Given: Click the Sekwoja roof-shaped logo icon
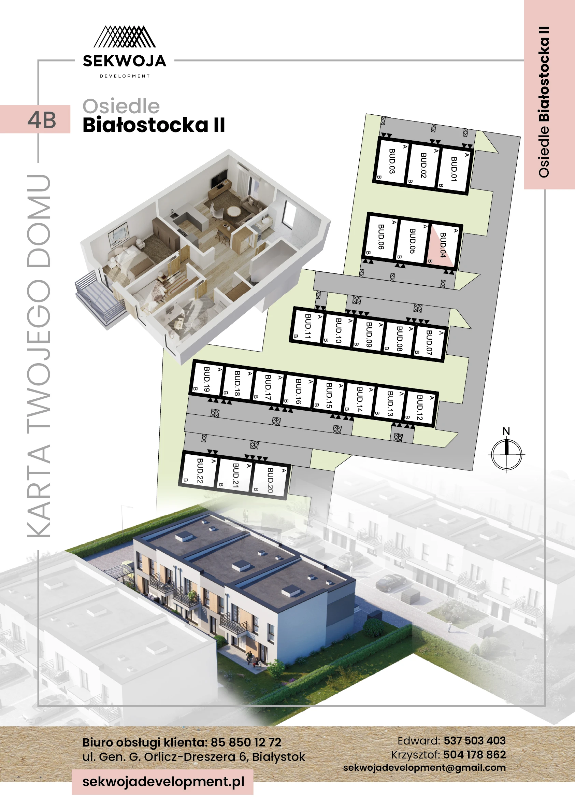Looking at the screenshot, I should (125, 37).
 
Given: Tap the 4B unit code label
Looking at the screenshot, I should (42, 120).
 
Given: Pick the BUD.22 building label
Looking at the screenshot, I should (200, 471).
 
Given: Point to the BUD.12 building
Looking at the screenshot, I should (420, 408).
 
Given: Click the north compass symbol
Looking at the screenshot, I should (506, 454).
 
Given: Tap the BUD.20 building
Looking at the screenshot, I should (270, 480).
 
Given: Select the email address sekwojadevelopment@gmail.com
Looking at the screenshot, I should (424, 768).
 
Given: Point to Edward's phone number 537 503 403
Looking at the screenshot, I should (474, 741).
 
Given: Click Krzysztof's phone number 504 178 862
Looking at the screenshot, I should (474, 755).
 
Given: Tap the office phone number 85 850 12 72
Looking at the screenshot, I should (246, 742).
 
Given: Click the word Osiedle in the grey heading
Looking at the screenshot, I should (121, 106).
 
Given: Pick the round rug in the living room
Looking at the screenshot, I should (234, 211).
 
